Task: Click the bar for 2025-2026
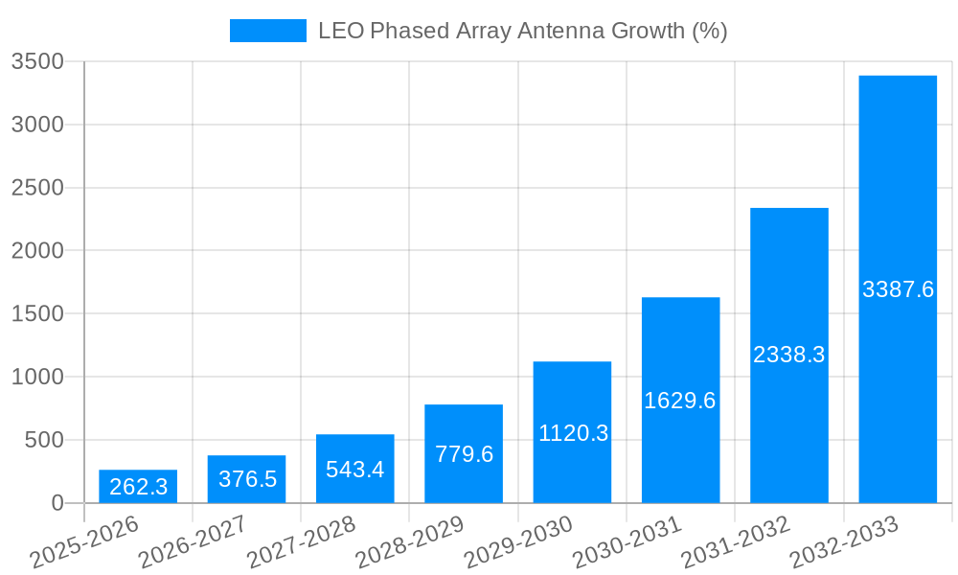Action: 138,487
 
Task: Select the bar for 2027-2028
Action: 354,469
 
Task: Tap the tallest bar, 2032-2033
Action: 898,289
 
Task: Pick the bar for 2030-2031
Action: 680,401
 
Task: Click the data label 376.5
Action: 247,479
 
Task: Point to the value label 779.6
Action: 464,454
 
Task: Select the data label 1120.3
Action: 573,433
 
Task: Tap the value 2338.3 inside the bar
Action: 788,355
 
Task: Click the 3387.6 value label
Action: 898,289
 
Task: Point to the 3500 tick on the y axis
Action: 37,62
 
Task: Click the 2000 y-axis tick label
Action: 37,251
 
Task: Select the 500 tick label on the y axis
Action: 44,441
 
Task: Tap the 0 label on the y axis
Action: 57,504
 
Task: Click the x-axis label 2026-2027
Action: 192,542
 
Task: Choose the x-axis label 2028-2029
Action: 409,542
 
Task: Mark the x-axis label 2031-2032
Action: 735,542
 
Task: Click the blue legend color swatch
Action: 267,31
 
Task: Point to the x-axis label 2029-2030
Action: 517,542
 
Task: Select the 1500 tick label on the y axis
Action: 37,314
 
